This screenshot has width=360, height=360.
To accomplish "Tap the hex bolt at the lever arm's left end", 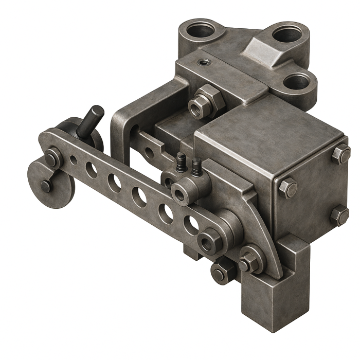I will (x=51, y=158).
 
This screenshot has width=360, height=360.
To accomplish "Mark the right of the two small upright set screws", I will (x=195, y=166).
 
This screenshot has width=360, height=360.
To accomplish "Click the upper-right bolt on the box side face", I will (x=340, y=154).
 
